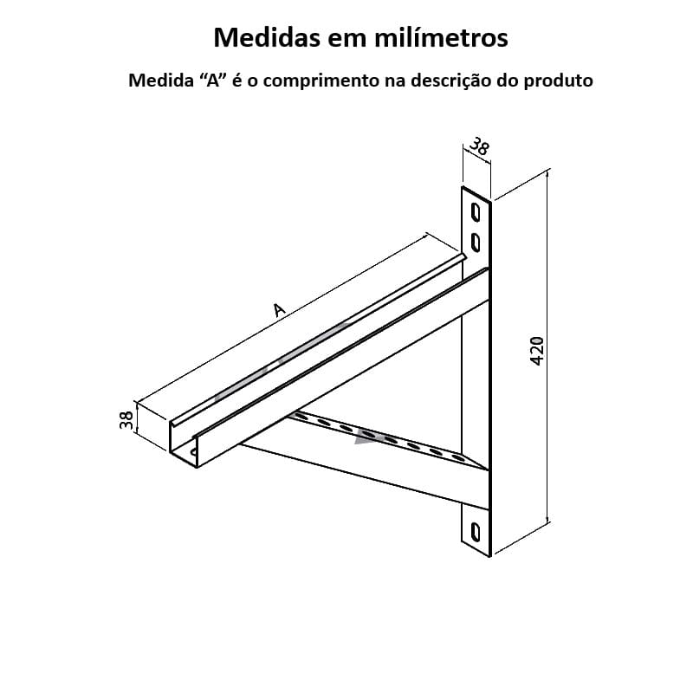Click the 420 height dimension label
pos(536,349)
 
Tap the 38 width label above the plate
pos(479,146)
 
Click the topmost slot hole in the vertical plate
pos(476,210)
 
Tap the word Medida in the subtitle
pos(158,81)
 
